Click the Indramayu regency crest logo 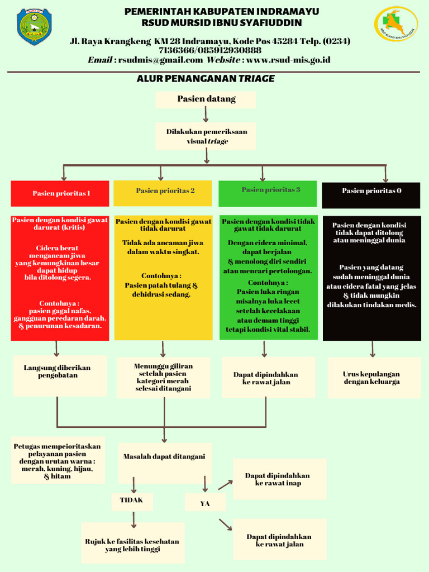pos(34,26)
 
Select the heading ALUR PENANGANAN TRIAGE pos(206,79)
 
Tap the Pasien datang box pos(206,99)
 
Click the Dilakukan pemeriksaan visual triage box pos(206,137)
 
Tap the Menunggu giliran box pos(163,378)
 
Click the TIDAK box pos(132,500)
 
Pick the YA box pos(205,503)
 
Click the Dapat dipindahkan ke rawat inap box pos(279,479)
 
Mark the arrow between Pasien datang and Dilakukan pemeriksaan pos(206,115)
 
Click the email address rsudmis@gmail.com pos(160,60)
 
